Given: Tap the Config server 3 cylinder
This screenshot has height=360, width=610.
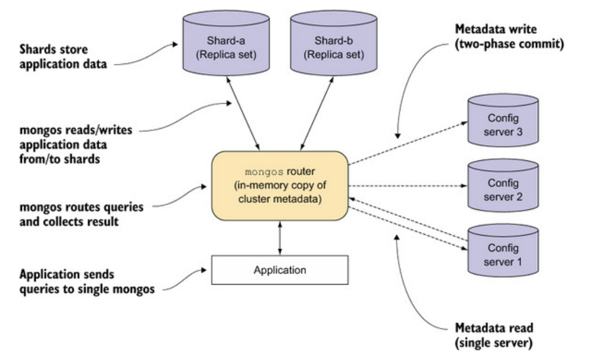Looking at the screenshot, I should click(503, 123).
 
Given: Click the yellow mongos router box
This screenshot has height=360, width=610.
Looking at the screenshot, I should click(279, 185).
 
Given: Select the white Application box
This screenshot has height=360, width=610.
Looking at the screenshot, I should click(279, 269).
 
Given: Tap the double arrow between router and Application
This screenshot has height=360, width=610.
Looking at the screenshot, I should click(279, 237).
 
